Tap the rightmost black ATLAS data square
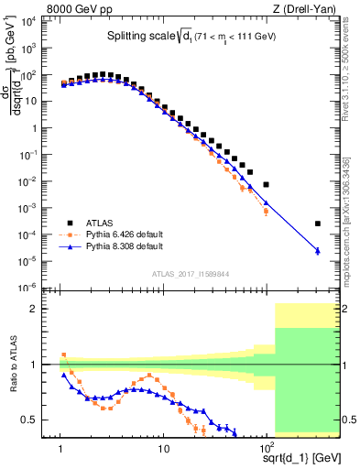(317, 224)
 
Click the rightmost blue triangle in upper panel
(317, 250)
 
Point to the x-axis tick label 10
(163, 448)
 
